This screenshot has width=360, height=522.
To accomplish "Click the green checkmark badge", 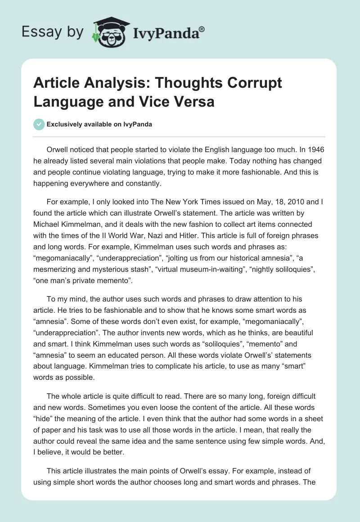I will click(39, 124).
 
